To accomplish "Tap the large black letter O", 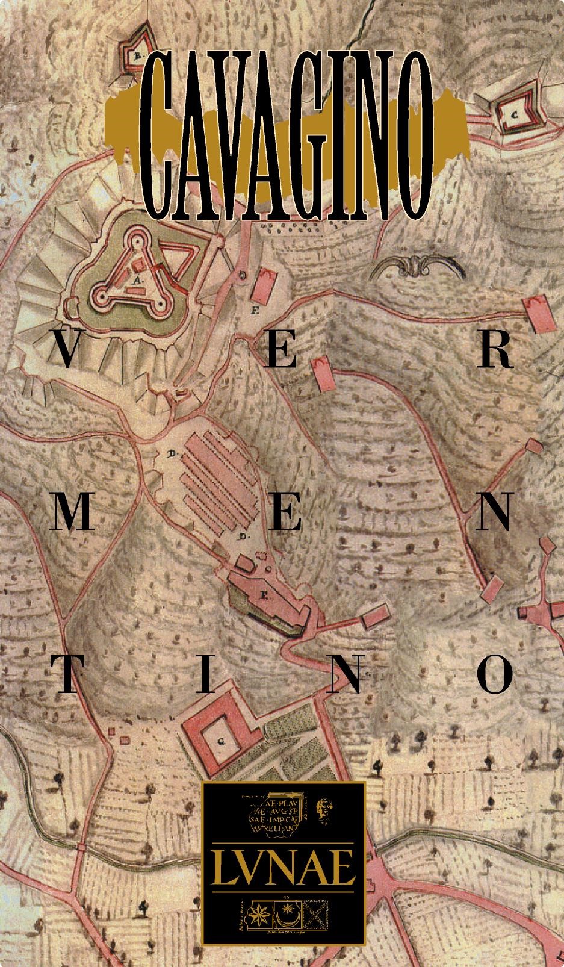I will click(495, 674).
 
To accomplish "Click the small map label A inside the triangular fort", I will click(137, 281).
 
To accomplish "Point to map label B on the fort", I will click(137, 57).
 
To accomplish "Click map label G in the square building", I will click(221, 742).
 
